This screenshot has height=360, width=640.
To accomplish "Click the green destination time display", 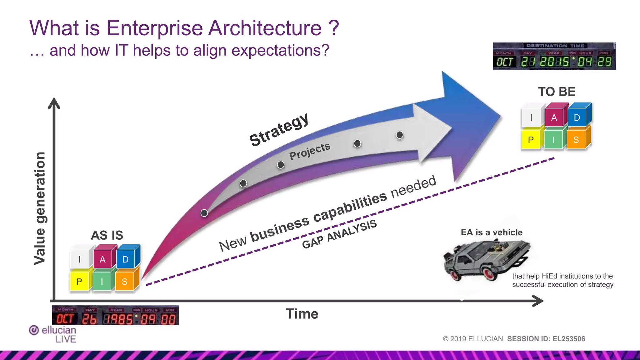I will point(554,57).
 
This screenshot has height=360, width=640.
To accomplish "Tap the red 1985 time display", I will point(115,315).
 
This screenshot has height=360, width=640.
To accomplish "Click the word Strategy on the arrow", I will point(279,130).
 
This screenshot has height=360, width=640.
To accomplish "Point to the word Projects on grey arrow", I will point(310,151).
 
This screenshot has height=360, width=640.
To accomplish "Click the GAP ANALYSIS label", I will point(339,234).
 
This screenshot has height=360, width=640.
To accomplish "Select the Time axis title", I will point(302,314).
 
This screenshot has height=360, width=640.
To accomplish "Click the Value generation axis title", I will point(40,208).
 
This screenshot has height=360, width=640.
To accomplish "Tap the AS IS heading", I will point(107,235).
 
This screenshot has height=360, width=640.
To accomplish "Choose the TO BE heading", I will point(557,92).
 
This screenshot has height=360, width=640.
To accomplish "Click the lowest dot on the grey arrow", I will point(204,213).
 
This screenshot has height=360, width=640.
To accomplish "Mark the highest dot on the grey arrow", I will point(399,135).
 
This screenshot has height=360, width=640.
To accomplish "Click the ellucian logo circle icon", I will point(34,330).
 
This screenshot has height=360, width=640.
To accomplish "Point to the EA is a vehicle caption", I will point(492,232).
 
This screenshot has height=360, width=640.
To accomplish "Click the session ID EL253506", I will point(569,339).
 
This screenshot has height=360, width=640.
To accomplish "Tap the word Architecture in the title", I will point(265,28).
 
